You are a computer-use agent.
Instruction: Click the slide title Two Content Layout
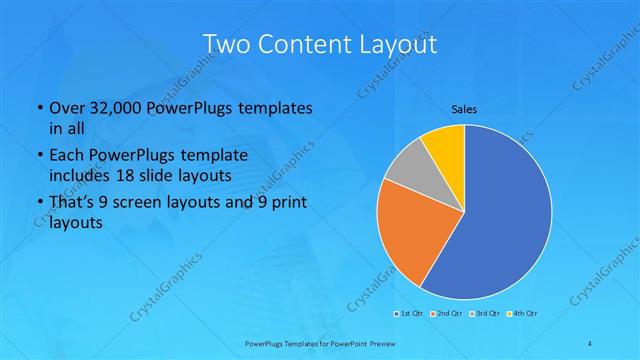click(319, 44)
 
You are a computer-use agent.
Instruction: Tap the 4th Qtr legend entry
click(524, 313)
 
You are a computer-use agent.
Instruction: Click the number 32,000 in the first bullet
click(111, 107)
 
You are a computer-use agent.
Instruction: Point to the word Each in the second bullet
click(66, 156)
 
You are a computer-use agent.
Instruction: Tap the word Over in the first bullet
click(67, 107)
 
